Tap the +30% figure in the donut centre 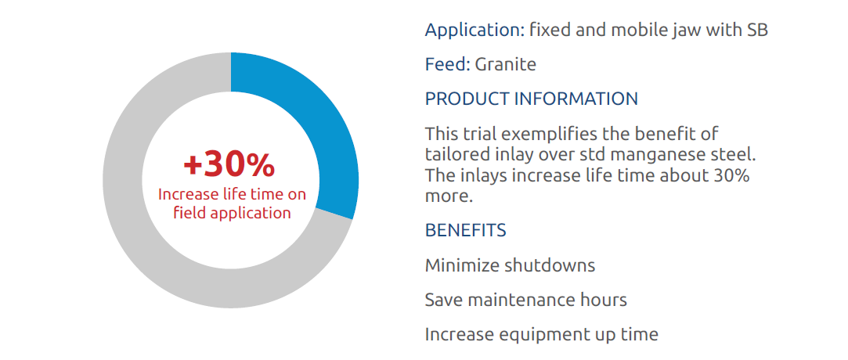[x=229, y=165]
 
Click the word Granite [x=506, y=64]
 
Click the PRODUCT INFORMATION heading [x=532, y=99]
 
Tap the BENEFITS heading [x=466, y=230]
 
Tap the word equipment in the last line [x=545, y=335]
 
